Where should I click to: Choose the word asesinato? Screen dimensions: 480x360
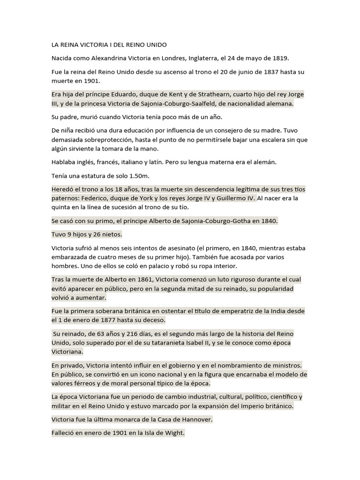coord(172,248)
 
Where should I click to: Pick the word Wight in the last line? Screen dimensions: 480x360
coord(174,433)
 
